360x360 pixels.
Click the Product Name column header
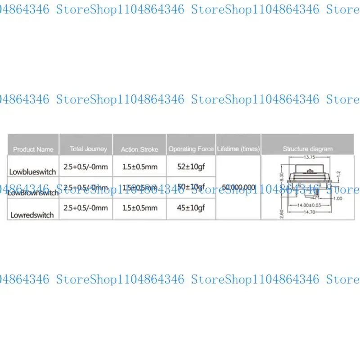coord(33,149)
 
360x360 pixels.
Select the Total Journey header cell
coord(88,148)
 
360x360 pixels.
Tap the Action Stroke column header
coord(139,149)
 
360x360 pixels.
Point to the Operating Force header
coord(191,148)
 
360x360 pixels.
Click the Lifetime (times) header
coord(238,148)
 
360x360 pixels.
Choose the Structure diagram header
coord(308,148)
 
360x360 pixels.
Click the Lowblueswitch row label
coord(32,171)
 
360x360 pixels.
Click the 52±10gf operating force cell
coord(191,166)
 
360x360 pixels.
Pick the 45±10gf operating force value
coord(191,207)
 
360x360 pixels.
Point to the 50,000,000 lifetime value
coord(238,187)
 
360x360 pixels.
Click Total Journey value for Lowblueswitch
coord(86,166)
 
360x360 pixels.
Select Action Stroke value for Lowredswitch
coord(140,207)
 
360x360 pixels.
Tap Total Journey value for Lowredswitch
coord(86,207)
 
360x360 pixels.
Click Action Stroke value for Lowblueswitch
coord(140,166)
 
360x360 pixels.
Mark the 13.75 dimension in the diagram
coord(308,157)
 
